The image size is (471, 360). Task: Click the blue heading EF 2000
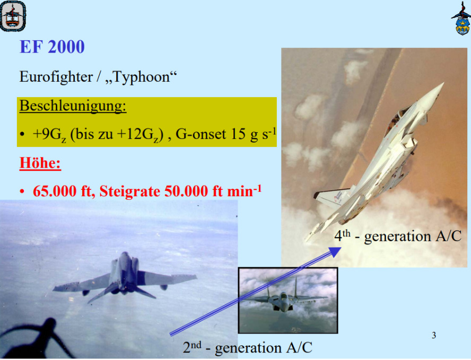52,47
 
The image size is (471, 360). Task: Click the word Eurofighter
56,77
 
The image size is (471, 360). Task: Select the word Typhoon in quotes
141,77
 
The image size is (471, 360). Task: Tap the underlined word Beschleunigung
73,106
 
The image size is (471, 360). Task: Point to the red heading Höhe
40,163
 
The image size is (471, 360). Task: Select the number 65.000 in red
55,191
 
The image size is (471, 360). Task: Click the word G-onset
200,134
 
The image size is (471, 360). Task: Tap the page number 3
434,335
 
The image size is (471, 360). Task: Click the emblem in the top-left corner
13,15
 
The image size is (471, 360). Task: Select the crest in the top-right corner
461,19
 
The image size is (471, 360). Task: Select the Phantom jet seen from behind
125,277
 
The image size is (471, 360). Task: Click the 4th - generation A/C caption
398,236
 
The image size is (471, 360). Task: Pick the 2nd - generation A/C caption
248,347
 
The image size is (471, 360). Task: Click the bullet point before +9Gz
22,134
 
